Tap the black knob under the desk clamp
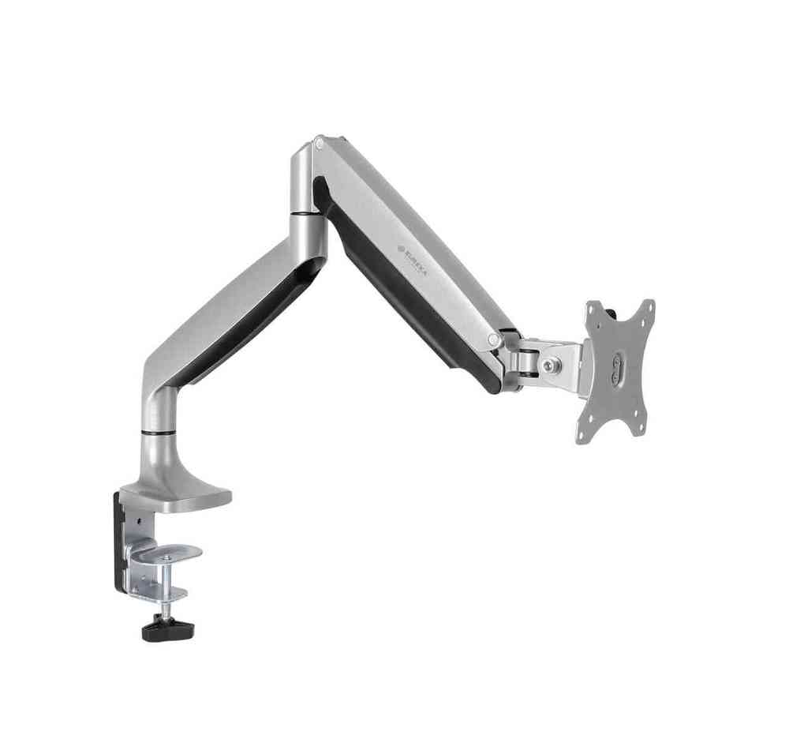coord(169,630)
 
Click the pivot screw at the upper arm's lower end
coord(494,339)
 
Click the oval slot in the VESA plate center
coord(617,370)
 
